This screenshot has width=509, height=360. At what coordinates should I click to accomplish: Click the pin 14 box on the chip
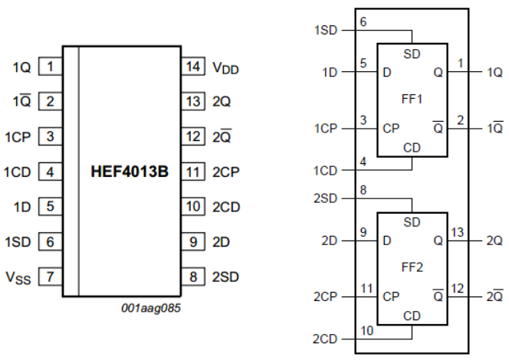tap(192, 67)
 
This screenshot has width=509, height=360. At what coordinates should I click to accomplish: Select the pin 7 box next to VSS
tap(50, 275)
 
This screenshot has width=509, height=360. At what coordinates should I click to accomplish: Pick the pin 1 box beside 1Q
tap(50, 67)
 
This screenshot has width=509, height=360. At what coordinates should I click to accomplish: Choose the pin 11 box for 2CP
tap(192, 171)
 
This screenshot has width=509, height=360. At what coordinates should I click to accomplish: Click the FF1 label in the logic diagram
tap(412, 100)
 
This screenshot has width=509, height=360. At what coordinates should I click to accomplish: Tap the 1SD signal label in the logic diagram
tap(325, 31)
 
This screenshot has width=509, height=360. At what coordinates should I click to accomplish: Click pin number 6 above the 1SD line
tap(363, 24)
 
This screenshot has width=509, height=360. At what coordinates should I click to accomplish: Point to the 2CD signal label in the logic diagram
tap(325, 338)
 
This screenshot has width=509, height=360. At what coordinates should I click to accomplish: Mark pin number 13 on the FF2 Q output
tap(457, 232)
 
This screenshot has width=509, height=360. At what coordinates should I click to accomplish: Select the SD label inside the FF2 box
tap(412, 221)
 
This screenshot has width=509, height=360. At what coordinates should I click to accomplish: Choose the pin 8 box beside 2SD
tap(192, 275)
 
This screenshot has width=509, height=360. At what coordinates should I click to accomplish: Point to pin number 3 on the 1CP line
tap(363, 120)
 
